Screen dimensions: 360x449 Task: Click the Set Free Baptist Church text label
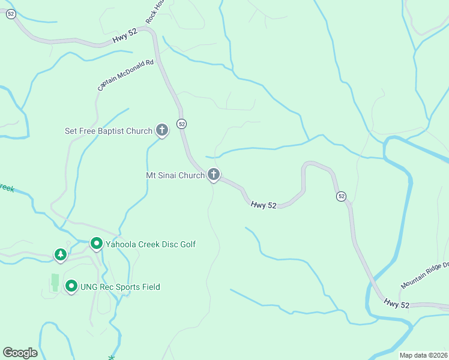pyautogui.click(x=109, y=131)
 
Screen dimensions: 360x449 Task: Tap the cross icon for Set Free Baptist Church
pyautogui.click(x=161, y=130)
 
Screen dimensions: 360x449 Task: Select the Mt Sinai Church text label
pyautogui.click(x=175, y=176)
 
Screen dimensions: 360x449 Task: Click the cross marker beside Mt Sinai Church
pyautogui.click(x=213, y=175)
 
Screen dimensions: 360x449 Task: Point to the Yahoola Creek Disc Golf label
pyautogui.click(x=151, y=244)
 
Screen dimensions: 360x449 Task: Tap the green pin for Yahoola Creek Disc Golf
pyautogui.click(x=96, y=243)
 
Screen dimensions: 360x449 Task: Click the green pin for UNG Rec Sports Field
pyautogui.click(x=71, y=286)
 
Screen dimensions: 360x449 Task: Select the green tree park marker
pyautogui.click(x=60, y=254)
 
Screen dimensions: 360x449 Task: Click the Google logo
pyautogui.click(x=20, y=353)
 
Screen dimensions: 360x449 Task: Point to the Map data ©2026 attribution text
pyautogui.click(x=423, y=355)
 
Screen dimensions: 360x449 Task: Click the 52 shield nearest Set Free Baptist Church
pyautogui.click(x=182, y=124)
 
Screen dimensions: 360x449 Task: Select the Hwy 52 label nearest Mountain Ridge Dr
pyautogui.click(x=397, y=304)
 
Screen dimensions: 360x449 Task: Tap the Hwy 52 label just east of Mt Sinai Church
pyautogui.click(x=264, y=205)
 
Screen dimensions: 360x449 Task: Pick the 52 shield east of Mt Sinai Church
pyautogui.click(x=341, y=196)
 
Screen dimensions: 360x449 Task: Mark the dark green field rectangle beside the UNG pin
pyautogui.click(x=55, y=282)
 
